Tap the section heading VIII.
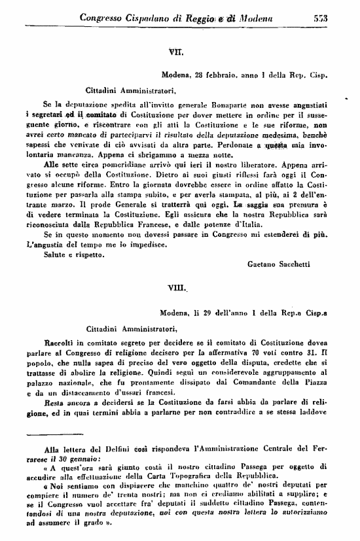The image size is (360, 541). (177, 285)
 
